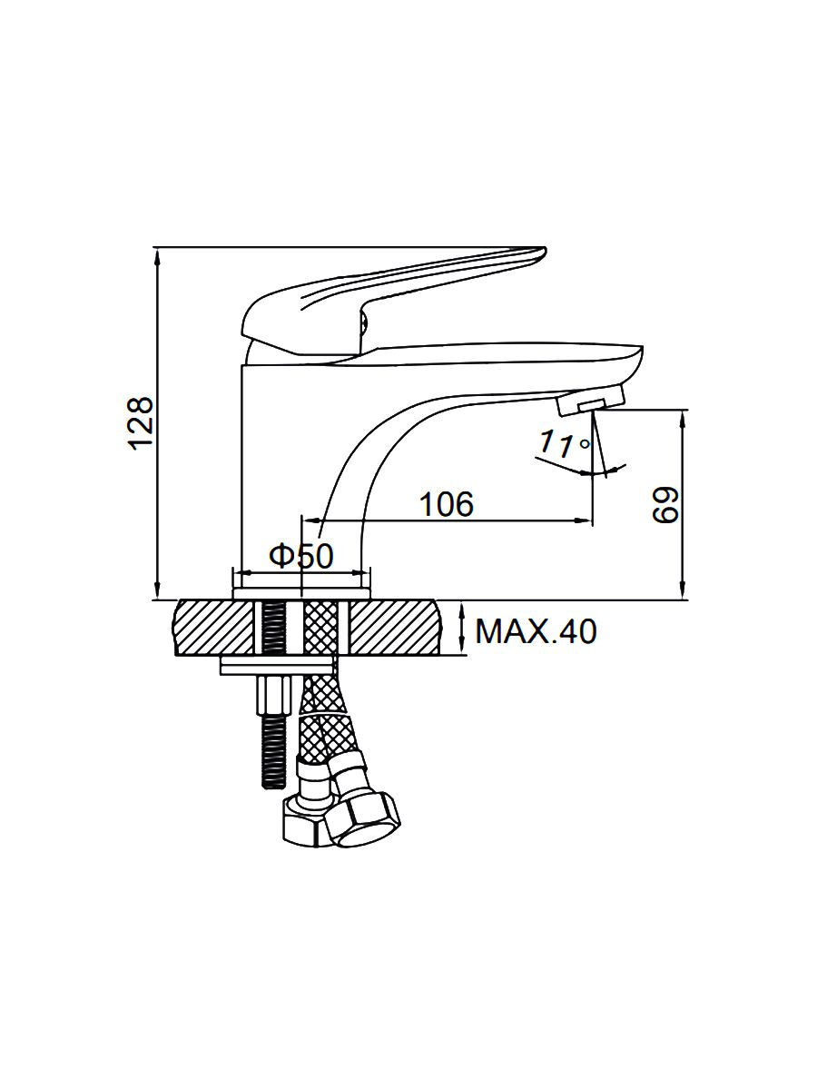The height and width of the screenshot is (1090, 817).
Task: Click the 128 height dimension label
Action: (142, 423)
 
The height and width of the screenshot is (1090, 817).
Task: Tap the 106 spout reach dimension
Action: (447, 503)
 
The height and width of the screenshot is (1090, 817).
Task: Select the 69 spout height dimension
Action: (664, 504)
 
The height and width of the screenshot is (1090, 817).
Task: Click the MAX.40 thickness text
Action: (536, 631)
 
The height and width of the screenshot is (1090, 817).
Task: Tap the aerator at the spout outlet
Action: (590, 401)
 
